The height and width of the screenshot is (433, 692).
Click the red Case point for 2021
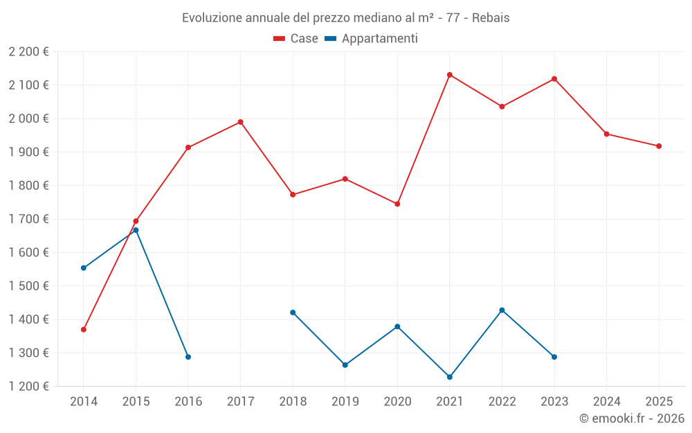click(x=450, y=75)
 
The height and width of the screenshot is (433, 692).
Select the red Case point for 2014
click(x=84, y=330)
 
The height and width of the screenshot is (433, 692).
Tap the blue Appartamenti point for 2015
click(x=136, y=230)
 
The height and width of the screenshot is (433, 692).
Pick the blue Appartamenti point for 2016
click(x=188, y=357)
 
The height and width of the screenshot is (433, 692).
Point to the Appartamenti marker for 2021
click(x=450, y=377)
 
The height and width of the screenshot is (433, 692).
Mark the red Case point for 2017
click(x=240, y=122)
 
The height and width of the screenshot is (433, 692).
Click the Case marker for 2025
click(x=659, y=146)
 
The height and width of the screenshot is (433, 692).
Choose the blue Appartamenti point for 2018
click(x=293, y=312)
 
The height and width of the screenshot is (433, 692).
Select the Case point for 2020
click(x=397, y=204)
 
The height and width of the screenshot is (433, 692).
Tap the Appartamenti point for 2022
click(x=502, y=310)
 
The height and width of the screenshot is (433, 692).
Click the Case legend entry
click(x=296, y=39)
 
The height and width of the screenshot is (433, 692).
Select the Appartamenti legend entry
click(x=372, y=39)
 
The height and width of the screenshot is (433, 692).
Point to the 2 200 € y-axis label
click(x=29, y=52)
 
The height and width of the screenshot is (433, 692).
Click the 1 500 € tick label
click(x=29, y=286)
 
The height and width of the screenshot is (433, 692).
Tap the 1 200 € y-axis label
click(x=29, y=387)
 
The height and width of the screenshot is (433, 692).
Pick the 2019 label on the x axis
click(x=345, y=401)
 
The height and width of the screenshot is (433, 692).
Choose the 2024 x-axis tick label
click(x=606, y=401)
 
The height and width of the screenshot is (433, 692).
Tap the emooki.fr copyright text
click(x=631, y=418)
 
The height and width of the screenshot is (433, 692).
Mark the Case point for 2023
click(x=554, y=79)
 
